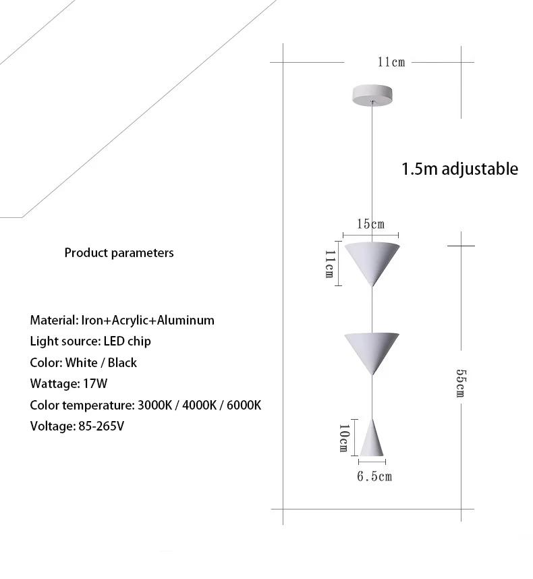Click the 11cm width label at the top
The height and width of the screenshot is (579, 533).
[391, 62]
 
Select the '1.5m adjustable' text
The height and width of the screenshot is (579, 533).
[459, 169]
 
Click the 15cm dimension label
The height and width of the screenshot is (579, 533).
[370, 224]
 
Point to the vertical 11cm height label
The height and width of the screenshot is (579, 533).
[329, 264]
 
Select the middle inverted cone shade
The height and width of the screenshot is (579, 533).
[371, 348]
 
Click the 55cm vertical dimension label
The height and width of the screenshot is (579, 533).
[460, 383]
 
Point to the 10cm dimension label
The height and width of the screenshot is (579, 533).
[343, 437]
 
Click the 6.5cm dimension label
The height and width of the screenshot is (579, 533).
[374, 477]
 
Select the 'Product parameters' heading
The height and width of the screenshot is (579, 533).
[119, 253]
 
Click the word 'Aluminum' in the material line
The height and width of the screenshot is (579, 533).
[186, 320]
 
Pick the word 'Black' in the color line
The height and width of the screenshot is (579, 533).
[122, 362]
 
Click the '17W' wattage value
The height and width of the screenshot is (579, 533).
[96, 384]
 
